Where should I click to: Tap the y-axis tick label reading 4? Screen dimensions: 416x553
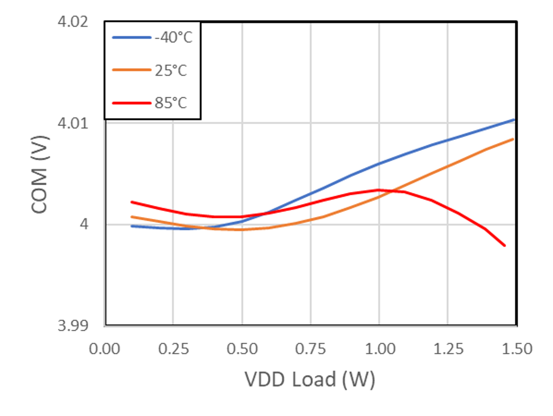pyautogui.click(x=84, y=224)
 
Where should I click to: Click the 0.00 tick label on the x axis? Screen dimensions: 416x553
pyautogui.click(x=104, y=349)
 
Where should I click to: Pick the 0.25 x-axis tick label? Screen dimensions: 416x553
pyautogui.click(x=173, y=349)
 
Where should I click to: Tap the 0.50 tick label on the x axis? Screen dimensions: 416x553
pyautogui.click(x=242, y=349)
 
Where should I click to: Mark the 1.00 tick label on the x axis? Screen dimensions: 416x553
pyautogui.click(x=380, y=349)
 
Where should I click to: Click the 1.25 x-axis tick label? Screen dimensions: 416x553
pyautogui.click(x=448, y=349)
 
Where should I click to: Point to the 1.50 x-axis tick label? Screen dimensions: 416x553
pyautogui.click(x=517, y=349)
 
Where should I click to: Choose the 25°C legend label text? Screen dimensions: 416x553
pyautogui.click(x=171, y=70)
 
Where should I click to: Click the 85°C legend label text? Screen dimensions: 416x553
pyautogui.click(x=171, y=103)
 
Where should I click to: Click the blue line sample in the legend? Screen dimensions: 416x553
pyautogui.click(x=132, y=38)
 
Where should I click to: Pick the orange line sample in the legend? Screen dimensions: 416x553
pyautogui.click(x=132, y=70)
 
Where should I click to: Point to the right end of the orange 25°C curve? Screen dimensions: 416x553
pyautogui.click(x=513, y=139)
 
